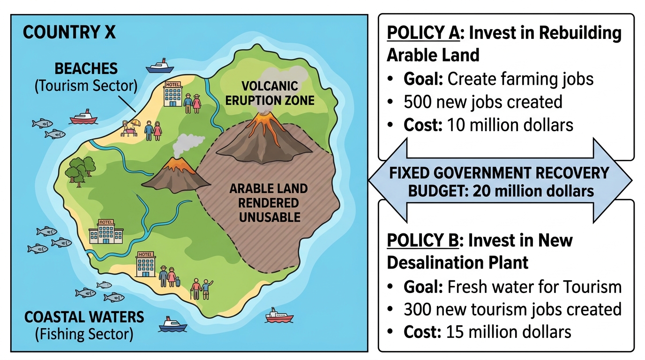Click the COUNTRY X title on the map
69,32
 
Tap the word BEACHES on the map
86,69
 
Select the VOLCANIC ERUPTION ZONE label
270,93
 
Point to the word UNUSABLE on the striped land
270,217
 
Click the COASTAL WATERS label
84,317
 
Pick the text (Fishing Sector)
84,334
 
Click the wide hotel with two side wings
106,232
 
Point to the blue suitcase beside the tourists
178,282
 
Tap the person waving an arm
206,289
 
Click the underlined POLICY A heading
423,32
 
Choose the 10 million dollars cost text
510,125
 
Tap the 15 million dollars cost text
509,332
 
